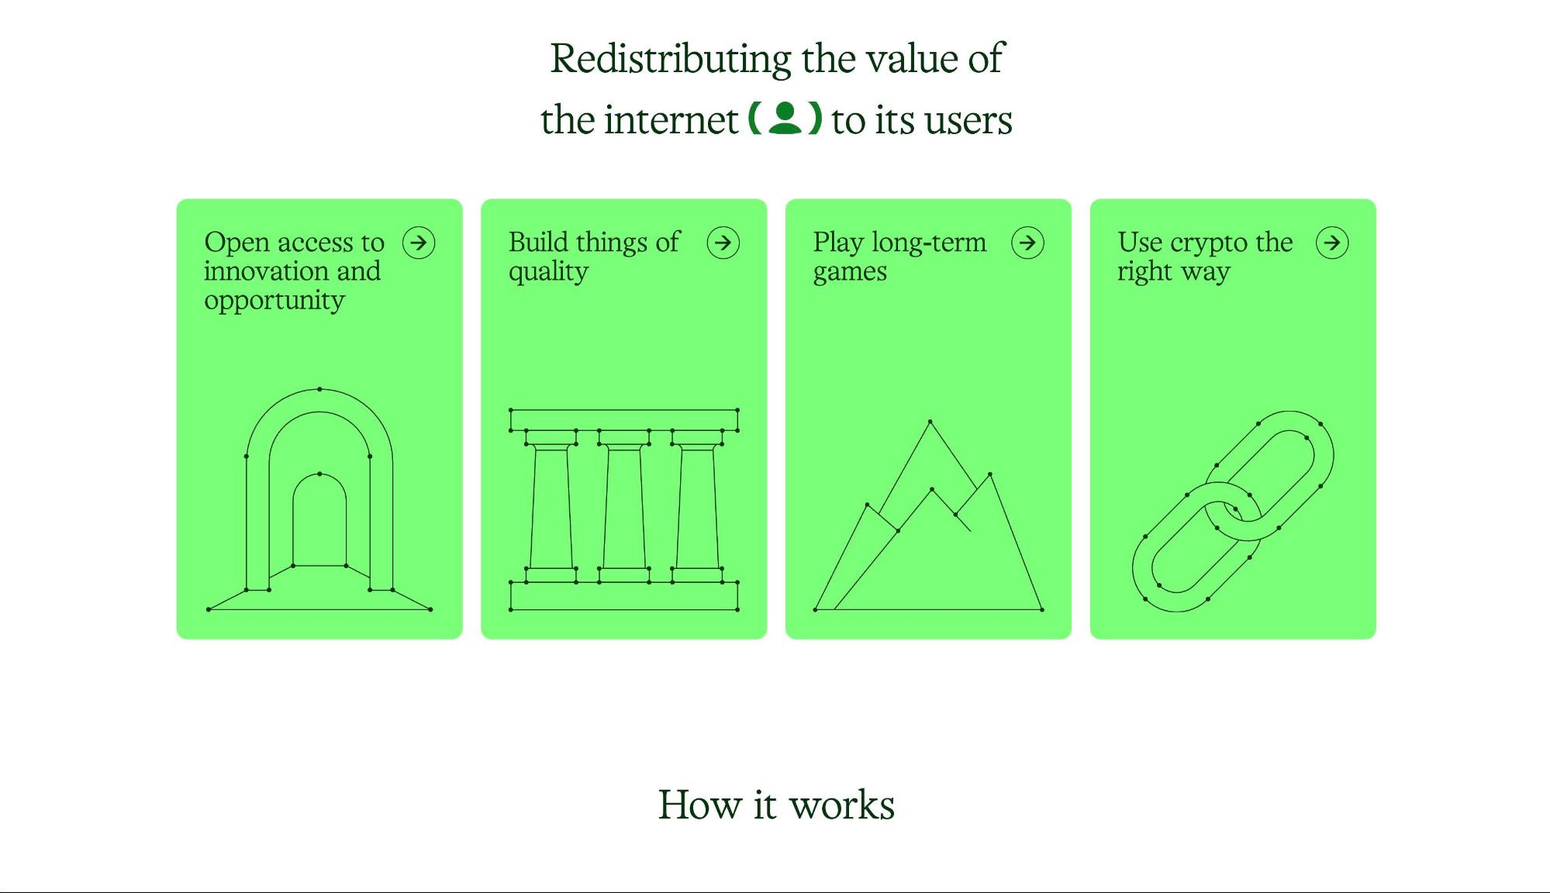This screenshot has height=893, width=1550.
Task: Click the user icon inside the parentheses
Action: pyautogui.click(x=785, y=119)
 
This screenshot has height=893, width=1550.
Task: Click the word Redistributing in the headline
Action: pyautogui.click(x=670, y=59)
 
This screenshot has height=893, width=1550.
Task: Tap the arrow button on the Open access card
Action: pyautogui.click(x=419, y=243)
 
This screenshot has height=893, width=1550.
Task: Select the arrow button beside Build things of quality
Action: pyautogui.click(x=723, y=243)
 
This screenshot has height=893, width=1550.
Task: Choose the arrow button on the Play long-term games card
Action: pyautogui.click(x=1027, y=243)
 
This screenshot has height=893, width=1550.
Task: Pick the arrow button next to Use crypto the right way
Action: pyautogui.click(x=1332, y=243)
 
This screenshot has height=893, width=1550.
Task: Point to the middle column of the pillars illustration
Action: pyautogui.click(x=624, y=508)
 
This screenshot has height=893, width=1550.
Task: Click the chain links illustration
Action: pyautogui.click(x=1233, y=512)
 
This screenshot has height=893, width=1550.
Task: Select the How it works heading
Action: pyautogui.click(x=776, y=805)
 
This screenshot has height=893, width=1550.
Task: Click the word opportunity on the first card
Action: pyautogui.click(x=274, y=301)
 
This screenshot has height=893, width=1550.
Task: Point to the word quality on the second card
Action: pyautogui.click(x=548, y=272)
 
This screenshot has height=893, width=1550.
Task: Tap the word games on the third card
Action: pyautogui.click(x=850, y=272)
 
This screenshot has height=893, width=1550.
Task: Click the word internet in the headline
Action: pyautogui.click(x=671, y=120)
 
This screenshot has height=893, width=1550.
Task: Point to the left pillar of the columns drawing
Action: pyautogui.click(x=551, y=508)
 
